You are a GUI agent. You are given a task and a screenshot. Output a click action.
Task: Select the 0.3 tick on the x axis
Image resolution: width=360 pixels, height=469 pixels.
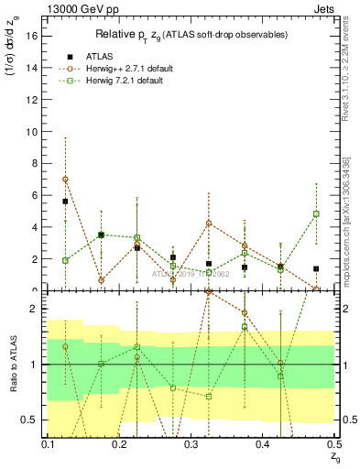pos(191,443)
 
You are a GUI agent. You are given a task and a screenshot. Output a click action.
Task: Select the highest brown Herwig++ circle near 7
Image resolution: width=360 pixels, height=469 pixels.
pos(65,180)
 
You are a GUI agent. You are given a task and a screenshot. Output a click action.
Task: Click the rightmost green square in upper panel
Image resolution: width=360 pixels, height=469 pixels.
pos(316,213)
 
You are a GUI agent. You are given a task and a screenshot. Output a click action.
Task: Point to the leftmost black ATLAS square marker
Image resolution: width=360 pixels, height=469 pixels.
pos(65,202)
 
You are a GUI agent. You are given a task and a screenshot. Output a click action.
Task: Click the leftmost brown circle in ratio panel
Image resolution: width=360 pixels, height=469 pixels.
pos(65,347)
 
